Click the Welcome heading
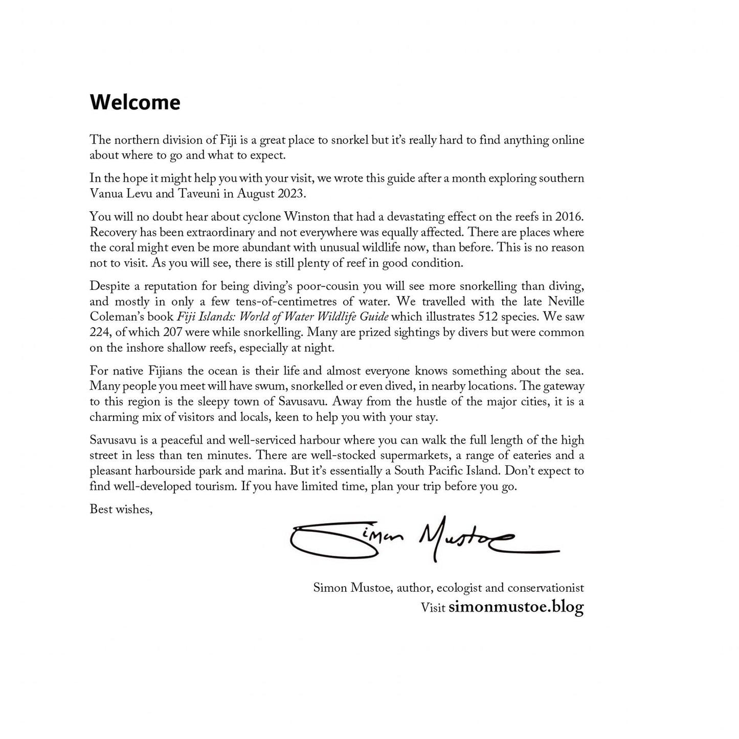[x=135, y=102]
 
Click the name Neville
[x=566, y=301]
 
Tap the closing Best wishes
[x=121, y=509]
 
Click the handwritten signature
[x=419, y=540]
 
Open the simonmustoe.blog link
[x=516, y=608]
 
